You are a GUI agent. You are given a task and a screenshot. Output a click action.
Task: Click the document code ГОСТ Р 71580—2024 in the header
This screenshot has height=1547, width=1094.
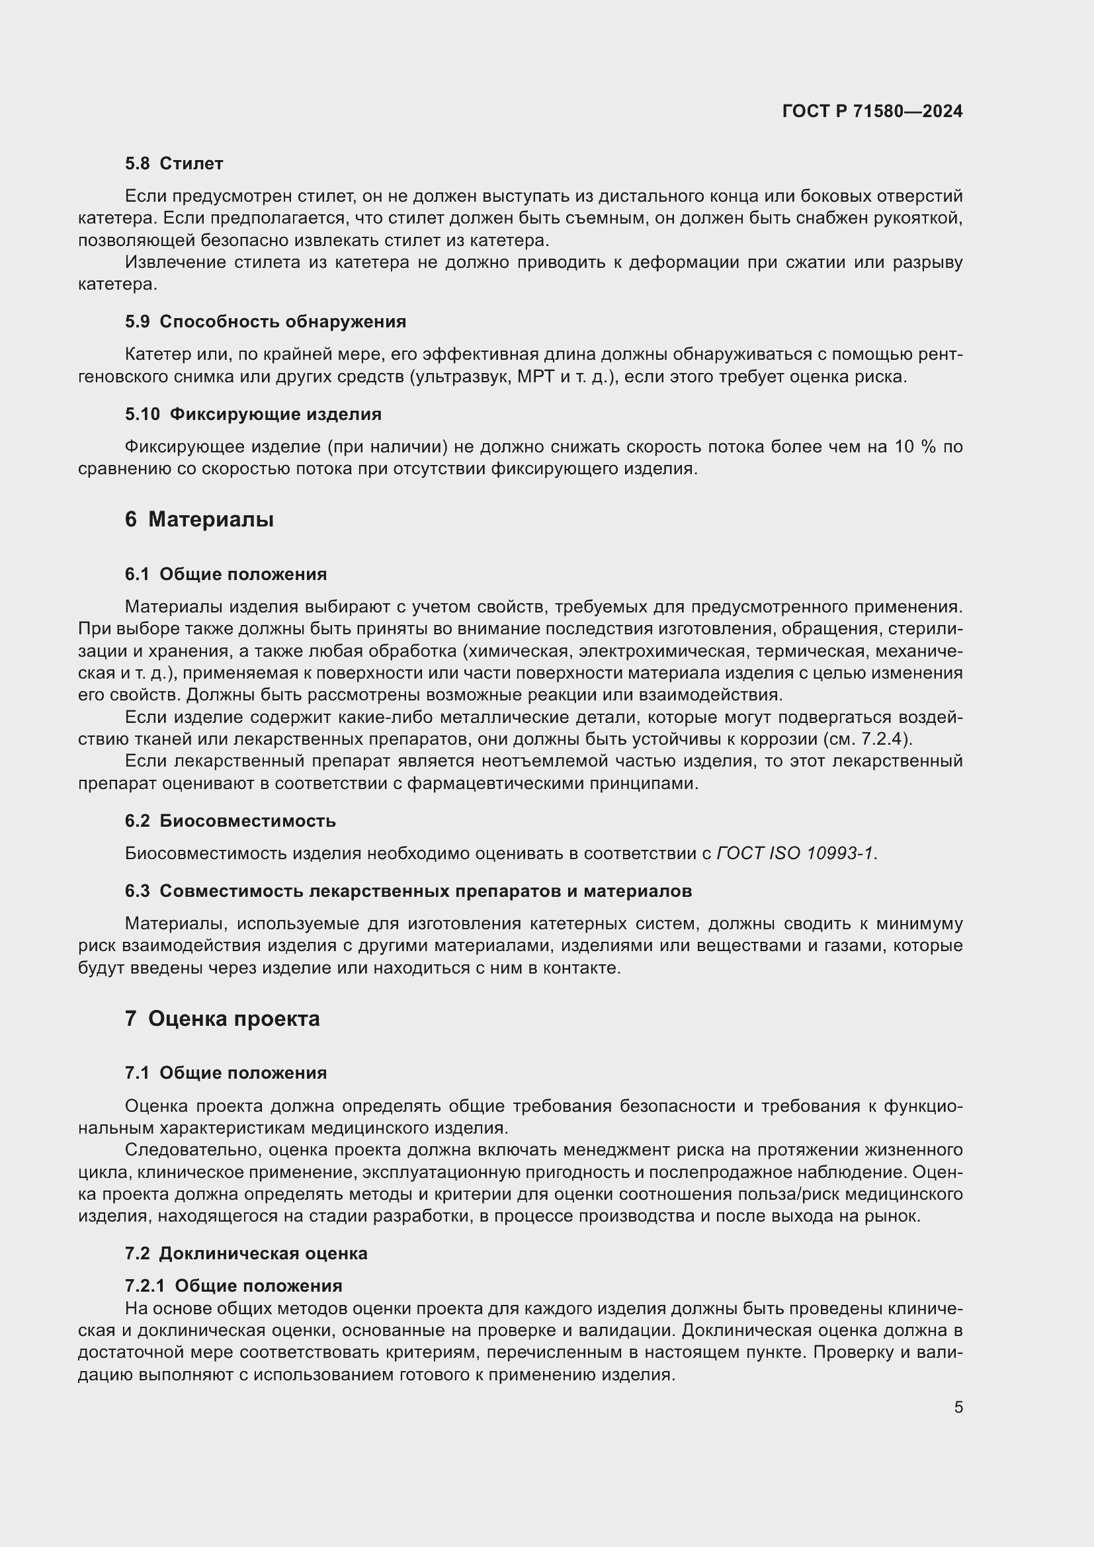click(872, 111)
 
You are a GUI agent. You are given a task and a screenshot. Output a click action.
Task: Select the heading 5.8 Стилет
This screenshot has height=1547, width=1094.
click(174, 164)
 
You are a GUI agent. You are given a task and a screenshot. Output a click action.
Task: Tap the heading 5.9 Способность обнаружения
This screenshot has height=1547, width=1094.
click(265, 321)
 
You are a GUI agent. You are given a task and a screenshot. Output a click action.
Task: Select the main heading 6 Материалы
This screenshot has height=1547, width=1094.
click(198, 519)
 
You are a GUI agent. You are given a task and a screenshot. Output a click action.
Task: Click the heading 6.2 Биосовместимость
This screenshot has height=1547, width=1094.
click(230, 821)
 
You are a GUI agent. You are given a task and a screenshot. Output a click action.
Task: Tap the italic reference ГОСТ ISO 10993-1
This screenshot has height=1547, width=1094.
click(795, 854)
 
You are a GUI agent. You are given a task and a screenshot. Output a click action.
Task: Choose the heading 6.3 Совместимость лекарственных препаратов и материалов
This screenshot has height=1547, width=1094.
click(408, 891)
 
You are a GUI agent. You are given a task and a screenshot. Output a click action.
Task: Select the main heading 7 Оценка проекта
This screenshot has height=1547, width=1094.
click(222, 1019)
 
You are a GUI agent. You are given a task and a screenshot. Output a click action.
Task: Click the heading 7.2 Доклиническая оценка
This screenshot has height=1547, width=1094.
click(246, 1253)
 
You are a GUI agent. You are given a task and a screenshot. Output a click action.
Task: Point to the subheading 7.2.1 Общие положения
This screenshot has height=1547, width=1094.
click(233, 1286)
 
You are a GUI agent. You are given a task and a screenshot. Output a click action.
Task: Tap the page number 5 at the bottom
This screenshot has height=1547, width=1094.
click(958, 1407)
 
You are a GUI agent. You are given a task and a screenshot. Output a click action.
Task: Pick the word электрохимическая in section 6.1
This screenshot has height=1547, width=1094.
click(663, 651)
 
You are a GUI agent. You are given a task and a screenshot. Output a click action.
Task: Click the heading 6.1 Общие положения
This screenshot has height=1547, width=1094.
click(226, 574)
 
